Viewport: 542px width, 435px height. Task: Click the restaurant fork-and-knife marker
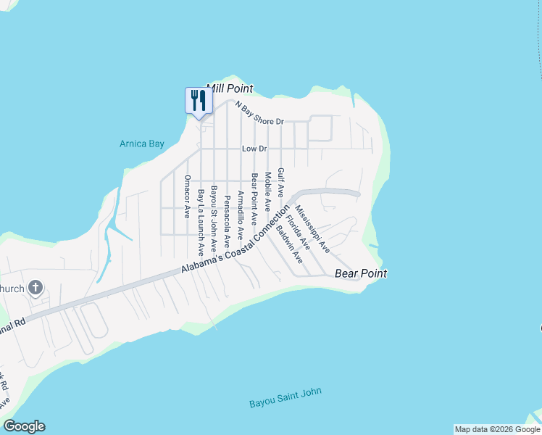(x=197, y=101)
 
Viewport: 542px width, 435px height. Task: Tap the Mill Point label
(x=230, y=88)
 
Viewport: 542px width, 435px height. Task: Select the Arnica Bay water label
(x=142, y=144)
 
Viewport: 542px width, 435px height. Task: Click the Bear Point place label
(x=360, y=273)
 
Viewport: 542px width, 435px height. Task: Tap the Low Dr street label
(x=255, y=149)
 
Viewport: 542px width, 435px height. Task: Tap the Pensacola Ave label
(x=227, y=217)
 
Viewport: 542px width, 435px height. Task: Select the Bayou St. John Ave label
(x=214, y=214)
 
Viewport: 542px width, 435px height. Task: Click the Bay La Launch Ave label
(x=201, y=223)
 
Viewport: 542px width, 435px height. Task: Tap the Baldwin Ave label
(x=288, y=243)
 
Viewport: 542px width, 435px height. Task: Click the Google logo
(x=24, y=426)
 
